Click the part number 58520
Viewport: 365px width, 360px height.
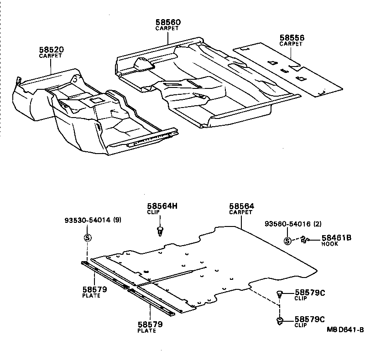pos(51,49)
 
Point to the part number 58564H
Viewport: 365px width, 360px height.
pos(162,206)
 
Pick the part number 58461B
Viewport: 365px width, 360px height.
pos(336,237)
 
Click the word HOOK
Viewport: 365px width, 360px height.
pos(330,244)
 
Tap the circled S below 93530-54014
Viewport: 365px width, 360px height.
pos(88,237)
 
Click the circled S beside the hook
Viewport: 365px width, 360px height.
pos(287,241)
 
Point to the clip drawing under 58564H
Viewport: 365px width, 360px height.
pos(160,231)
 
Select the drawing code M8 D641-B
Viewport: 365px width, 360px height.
pos(344,330)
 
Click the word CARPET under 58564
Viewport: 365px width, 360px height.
pos(241,212)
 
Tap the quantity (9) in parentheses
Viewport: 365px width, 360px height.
pos(118,221)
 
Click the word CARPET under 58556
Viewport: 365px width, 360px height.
pos(291,44)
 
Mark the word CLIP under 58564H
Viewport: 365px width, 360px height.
pos(153,212)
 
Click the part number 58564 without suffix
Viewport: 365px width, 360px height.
pos(241,206)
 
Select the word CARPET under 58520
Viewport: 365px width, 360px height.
pos(51,56)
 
